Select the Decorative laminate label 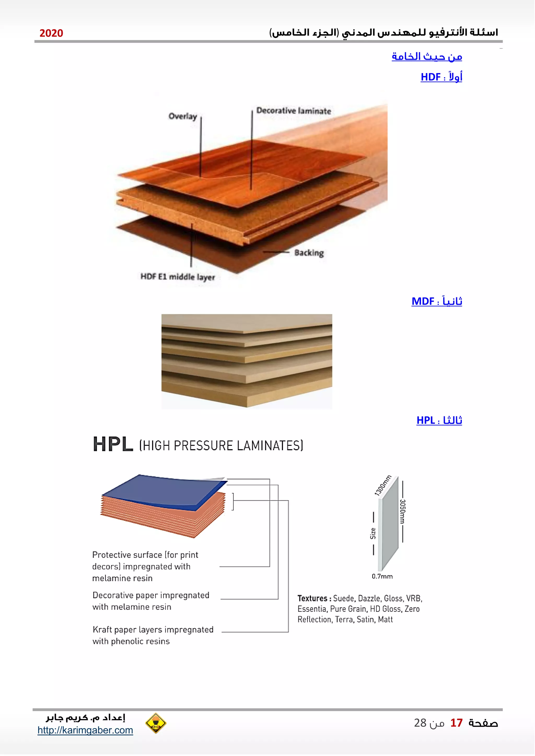point(294,111)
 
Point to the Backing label point(309,253)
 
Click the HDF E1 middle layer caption point(178,277)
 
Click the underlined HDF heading point(441,77)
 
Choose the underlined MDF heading point(437,301)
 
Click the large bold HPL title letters point(113,445)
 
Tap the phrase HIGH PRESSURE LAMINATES point(221,446)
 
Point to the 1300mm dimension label point(383,485)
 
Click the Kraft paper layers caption point(153,635)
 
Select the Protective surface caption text point(145,566)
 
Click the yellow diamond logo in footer point(155,723)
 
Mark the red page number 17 point(456,723)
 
